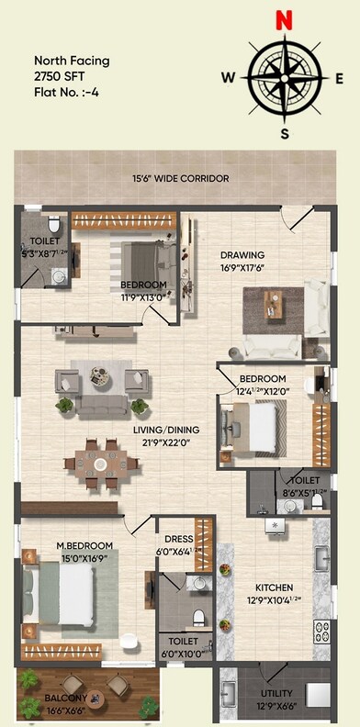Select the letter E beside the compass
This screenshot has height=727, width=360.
click(x=340, y=78)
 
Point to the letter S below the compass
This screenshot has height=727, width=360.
click(x=285, y=134)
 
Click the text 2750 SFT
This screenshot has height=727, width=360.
click(x=58, y=75)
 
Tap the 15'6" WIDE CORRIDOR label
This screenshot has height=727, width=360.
click(x=180, y=178)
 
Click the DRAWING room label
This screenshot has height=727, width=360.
click(x=242, y=255)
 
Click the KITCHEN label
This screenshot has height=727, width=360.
click(x=274, y=587)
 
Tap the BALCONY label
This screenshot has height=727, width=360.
click(x=65, y=699)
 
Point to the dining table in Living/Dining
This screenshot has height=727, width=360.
click(x=98, y=464)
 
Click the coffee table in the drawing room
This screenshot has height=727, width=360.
click(x=274, y=301)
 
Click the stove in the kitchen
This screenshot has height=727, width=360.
click(x=321, y=631)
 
